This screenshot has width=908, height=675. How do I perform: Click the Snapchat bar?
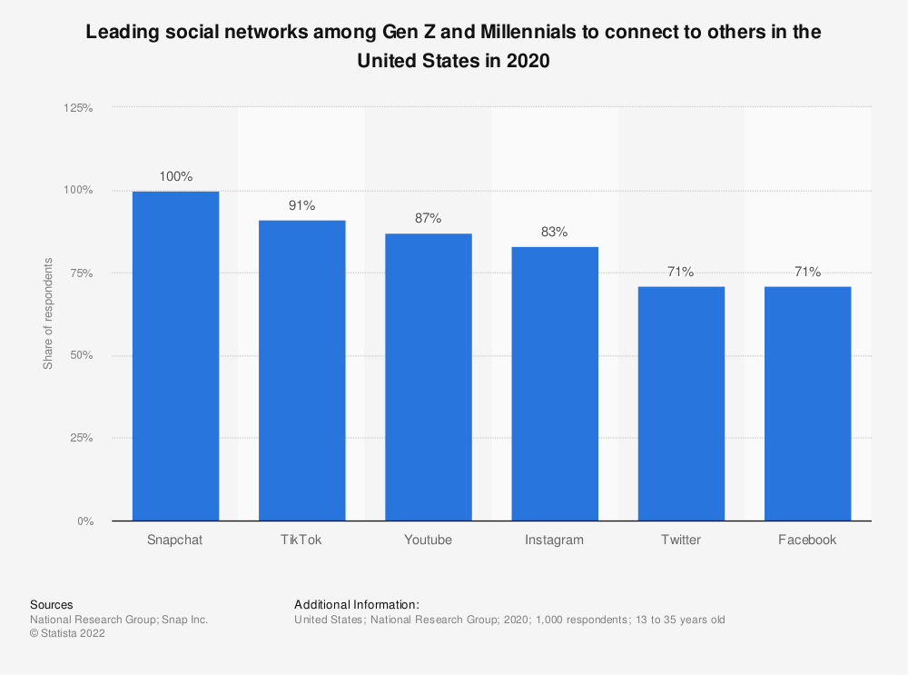(x=175, y=356)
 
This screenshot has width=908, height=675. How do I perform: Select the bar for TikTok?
(x=301, y=371)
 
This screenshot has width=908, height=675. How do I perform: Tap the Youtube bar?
(x=428, y=377)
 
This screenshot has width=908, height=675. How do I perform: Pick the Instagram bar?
(x=554, y=383)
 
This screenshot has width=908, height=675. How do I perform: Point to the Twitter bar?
(x=680, y=403)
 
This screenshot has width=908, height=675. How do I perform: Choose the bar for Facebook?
(x=807, y=403)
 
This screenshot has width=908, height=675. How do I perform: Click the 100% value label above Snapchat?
(x=175, y=176)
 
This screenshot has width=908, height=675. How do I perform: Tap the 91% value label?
(x=301, y=205)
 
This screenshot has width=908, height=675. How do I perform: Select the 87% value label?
(x=428, y=218)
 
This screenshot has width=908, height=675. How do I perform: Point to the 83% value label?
(x=554, y=232)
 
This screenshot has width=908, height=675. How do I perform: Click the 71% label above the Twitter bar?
(x=680, y=272)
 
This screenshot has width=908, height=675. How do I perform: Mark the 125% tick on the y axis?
(x=77, y=107)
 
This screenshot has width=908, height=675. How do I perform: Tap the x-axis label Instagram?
(x=554, y=540)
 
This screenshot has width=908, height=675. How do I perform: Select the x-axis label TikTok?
(x=301, y=540)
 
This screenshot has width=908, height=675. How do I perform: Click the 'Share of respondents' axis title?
(x=48, y=313)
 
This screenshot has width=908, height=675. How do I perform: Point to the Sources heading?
(x=52, y=604)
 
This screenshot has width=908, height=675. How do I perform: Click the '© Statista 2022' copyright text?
(x=67, y=634)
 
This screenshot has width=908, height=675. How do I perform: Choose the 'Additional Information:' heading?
(x=356, y=604)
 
